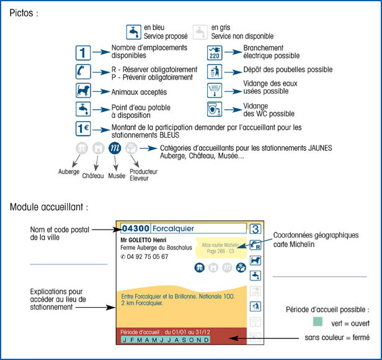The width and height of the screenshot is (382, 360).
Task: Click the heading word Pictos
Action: tap(22, 12)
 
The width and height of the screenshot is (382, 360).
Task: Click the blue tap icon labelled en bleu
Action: tap(133, 31)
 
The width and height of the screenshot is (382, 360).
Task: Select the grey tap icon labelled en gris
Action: tap(200, 31)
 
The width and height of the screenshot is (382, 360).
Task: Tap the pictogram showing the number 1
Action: tap(84, 52)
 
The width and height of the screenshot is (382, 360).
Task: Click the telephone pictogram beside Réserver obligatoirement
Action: tap(84, 71)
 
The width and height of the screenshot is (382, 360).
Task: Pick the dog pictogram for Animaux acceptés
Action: tap(84, 91)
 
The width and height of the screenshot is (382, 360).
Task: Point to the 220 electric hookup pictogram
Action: tap(215, 52)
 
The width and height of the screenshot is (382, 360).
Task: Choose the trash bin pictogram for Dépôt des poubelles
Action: tap(215, 71)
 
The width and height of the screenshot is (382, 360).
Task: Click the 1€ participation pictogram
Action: tap(84, 129)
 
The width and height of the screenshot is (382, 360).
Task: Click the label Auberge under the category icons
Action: tap(68, 171)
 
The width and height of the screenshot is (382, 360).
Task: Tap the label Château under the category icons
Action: tap(92, 176)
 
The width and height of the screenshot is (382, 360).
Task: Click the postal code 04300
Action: tap(135, 228)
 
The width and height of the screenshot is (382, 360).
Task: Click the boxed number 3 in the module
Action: tap(255, 228)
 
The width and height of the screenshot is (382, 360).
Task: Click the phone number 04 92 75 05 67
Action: tap(148, 256)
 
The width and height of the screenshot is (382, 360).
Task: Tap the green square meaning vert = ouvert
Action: tap(319, 323)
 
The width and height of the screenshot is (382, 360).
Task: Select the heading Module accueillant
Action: tap(48, 205)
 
